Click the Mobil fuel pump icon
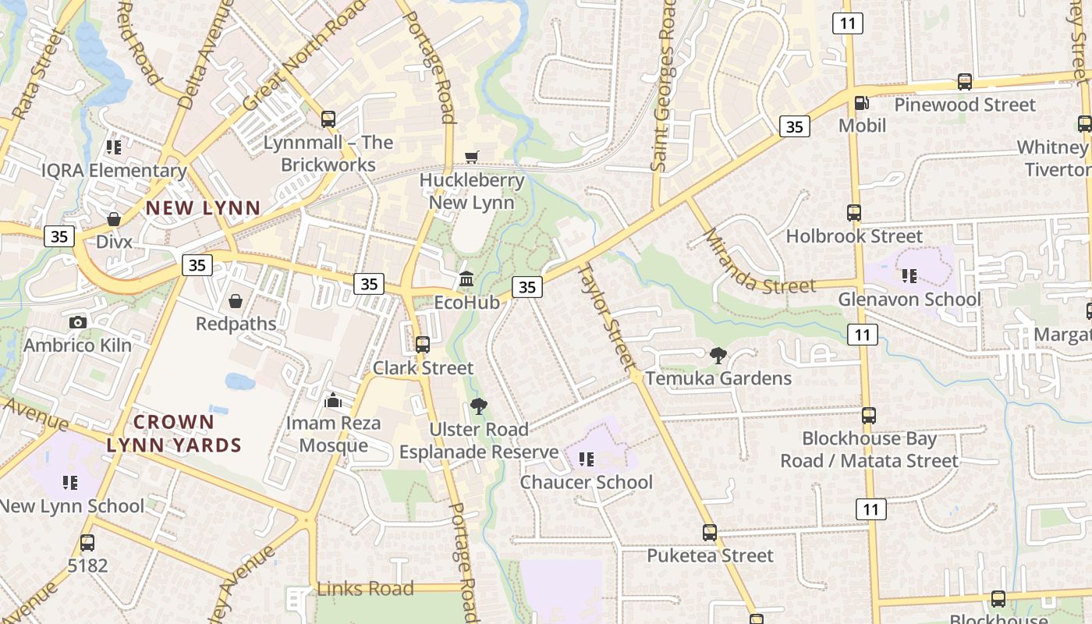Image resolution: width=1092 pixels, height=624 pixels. tap(862, 103)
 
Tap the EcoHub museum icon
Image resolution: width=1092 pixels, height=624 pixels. tap(466, 278)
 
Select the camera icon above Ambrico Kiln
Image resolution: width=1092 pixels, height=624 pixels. tap(77, 322)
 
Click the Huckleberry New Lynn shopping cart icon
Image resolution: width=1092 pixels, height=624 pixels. tap(471, 158)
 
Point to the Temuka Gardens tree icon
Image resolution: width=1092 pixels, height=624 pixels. tap(718, 356)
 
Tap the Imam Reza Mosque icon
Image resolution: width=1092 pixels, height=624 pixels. tap(333, 401)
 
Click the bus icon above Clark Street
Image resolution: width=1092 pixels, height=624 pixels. tap(423, 345)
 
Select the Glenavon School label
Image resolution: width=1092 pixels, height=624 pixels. tap(909, 300)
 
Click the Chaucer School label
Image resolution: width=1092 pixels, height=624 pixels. tap(587, 482)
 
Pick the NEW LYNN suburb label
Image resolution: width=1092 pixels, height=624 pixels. tap(203, 208)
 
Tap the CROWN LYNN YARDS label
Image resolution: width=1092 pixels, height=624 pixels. tap(174, 434)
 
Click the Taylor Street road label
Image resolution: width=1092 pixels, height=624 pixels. tap(606, 315)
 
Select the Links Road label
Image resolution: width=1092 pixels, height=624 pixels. tap(365, 589)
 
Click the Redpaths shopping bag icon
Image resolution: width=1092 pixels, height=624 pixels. tap(236, 301)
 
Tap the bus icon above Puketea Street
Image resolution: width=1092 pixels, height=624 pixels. tap(710, 533)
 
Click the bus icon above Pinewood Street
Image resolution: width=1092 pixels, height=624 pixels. tap(965, 82)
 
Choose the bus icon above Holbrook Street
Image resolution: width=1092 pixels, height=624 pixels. tap(854, 213)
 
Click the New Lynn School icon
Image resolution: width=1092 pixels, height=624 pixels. tap(71, 483)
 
